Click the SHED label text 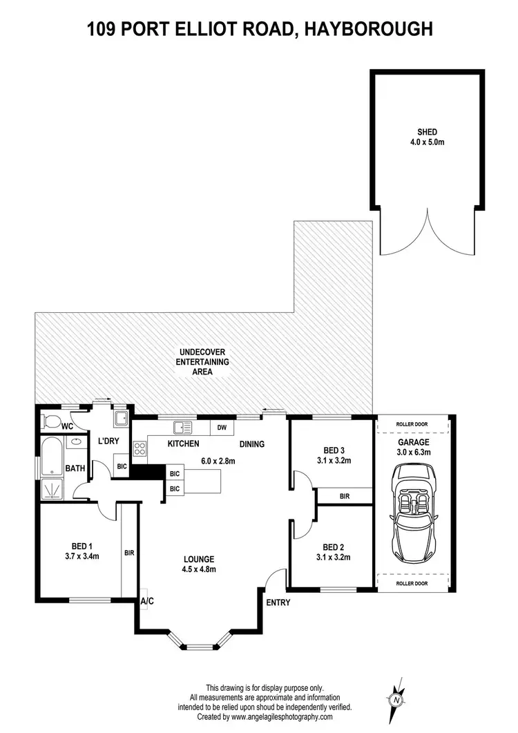[427, 132]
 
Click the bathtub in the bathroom [52, 455]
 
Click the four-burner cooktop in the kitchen [140, 448]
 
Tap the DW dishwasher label [221, 428]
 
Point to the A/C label [147, 602]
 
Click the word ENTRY [278, 602]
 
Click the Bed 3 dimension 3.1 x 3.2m [334, 459]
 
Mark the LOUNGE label [199, 560]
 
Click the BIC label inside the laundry [122, 466]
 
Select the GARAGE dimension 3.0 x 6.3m [413, 453]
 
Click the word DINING [252, 444]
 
